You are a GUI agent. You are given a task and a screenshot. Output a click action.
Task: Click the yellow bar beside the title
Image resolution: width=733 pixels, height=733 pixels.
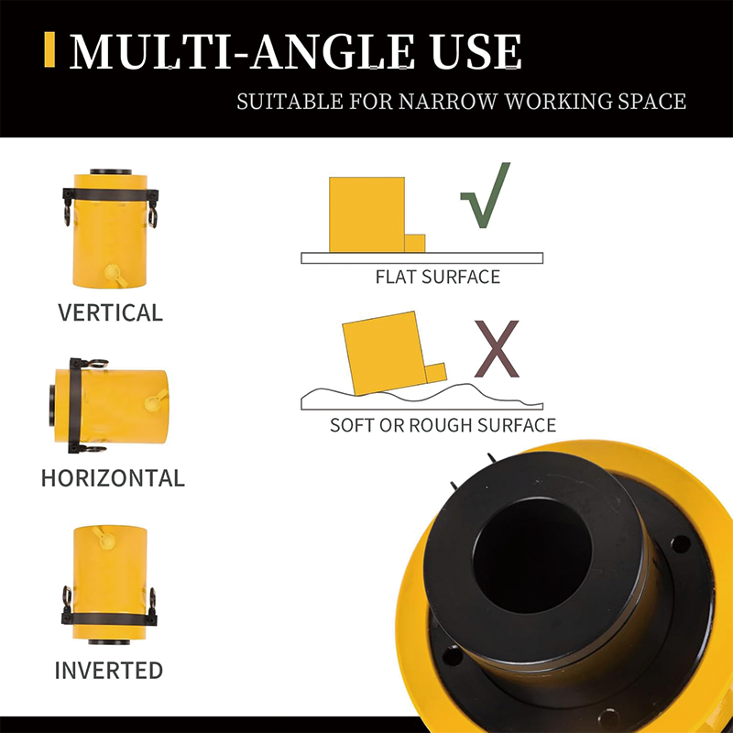click(49, 49)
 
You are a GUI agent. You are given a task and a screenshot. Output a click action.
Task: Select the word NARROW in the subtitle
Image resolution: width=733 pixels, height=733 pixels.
click(449, 101)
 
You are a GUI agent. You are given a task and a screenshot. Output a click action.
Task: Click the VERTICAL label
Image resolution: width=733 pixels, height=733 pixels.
click(110, 312)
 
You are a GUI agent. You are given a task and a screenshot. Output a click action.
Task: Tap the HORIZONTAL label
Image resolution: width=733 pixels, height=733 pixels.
click(113, 477)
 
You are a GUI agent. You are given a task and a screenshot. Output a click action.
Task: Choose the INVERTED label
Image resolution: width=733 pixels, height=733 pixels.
click(109, 671)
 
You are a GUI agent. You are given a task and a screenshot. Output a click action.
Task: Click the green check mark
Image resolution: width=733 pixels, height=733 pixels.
click(487, 196)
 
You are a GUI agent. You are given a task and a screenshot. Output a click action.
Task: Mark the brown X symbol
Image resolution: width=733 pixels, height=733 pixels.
click(497, 349)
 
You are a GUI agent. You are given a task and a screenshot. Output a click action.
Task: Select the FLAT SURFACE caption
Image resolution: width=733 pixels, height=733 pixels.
click(438, 277)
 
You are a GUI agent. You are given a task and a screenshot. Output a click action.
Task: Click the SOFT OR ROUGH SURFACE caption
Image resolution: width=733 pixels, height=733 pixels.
click(443, 425)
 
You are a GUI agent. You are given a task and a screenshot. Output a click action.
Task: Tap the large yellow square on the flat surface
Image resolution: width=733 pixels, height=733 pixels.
click(367, 214)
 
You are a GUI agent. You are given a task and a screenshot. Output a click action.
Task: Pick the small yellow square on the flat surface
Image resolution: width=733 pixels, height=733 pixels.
click(415, 244)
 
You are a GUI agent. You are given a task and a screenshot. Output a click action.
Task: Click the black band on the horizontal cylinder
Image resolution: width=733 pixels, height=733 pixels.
click(75, 406)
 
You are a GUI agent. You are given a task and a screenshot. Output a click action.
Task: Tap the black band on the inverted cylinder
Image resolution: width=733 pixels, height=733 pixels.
click(109, 619)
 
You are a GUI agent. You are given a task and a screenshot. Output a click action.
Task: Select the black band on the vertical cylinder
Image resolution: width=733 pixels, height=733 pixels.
click(111, 193)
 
